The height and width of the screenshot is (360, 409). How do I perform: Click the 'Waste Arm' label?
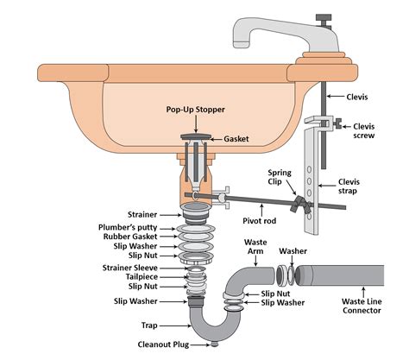(256, 247)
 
